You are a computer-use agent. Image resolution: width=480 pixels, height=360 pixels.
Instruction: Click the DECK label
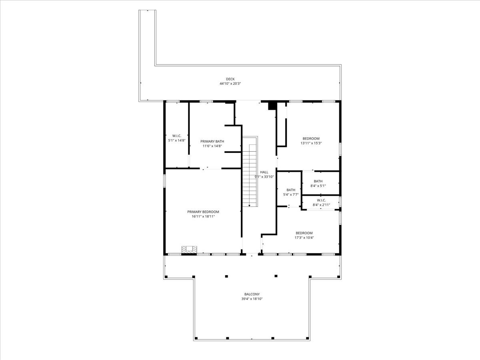coord(230,79)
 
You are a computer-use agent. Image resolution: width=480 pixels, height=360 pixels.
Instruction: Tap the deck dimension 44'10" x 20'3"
coord(230,84)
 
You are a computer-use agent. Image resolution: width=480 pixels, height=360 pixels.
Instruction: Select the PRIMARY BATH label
coord(212,142)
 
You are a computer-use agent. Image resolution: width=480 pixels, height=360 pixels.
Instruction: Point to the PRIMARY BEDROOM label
coord(203,212)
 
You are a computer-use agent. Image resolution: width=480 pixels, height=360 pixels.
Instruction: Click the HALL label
coord(264,172)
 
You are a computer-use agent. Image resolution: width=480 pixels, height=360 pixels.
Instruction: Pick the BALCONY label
coord(252,294)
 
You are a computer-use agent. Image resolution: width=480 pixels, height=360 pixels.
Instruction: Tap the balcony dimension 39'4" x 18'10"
coord(252,299)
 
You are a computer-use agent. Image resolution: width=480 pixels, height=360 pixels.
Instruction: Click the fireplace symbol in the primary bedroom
coord(189,250)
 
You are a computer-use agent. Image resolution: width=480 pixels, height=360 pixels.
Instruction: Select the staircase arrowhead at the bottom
coord(249,206)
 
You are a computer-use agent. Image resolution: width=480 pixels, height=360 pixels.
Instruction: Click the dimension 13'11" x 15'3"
coord(311,143)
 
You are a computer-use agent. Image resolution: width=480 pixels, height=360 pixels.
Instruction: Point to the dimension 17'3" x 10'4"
coord(304,238)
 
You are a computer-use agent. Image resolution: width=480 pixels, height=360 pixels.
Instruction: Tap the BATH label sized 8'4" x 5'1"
coord(318,181)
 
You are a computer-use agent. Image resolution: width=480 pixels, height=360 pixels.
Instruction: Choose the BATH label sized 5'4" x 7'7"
coord(291,190)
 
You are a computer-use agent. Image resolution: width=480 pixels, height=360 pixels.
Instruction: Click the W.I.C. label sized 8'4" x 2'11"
coord(321,200)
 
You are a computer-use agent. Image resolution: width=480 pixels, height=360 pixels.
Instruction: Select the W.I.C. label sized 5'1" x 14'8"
coord(177,136)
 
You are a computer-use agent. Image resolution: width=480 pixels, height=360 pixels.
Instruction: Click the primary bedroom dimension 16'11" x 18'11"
coord(203,216)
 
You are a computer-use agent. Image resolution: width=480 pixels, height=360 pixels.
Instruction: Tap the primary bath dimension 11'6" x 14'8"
coord(212,146)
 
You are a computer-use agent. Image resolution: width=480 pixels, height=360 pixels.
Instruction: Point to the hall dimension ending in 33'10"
coord(264,177)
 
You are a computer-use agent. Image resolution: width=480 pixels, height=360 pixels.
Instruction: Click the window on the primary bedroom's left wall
coord(164,181)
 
